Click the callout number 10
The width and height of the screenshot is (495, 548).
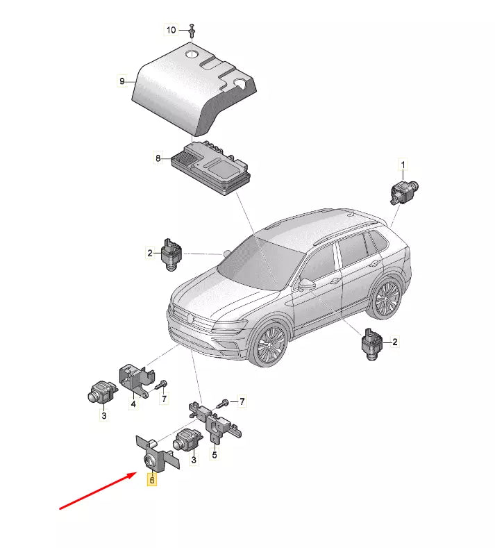(x=171, y=30)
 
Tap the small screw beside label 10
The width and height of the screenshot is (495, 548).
(x=192, y=30)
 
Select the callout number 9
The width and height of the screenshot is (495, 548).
(x=122, y=81)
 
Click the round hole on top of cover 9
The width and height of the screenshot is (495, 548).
(x=192, y=54)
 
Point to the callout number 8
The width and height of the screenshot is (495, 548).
(x=158, y=158)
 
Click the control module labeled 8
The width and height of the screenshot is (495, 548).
(x=211, y=168)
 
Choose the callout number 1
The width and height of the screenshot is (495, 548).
(x=403, y=165)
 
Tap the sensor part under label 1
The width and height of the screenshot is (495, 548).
(x=404, y=191)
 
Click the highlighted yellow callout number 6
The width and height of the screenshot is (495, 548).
(x=151, y=480)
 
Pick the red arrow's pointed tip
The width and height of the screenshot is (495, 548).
(x=137, y=473)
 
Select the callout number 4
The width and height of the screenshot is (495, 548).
(x=133, y=404)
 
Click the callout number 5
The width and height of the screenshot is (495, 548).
(x=215, y=454)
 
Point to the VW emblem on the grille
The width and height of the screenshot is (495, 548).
(x=190, y=318)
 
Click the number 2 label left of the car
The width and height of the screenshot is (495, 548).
(x=150, y=253)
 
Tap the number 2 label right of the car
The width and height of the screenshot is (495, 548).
(x=395, y=342)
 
